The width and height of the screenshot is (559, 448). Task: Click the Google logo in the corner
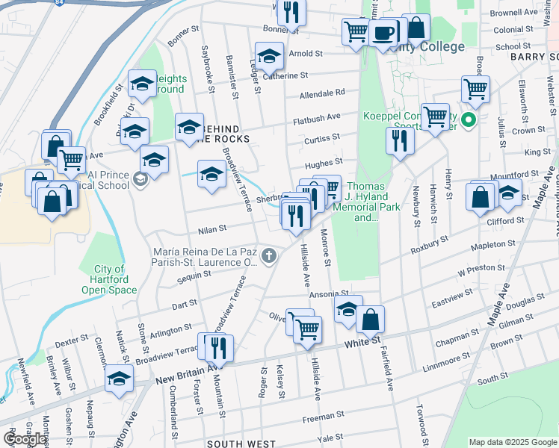coord(24,439)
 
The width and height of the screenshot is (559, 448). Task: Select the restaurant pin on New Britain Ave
coord(218,346)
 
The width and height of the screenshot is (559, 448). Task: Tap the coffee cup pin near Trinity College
coord(383,33)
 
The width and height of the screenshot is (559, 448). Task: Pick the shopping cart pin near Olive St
coord(307,328)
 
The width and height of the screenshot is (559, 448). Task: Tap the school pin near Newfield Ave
coord(119,378)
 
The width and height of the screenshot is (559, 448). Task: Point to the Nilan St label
coord(212,228)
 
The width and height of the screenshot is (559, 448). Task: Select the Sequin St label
coord(195,276)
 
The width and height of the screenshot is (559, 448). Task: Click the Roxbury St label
coord(431,243)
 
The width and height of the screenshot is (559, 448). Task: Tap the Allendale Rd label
coord(322,93)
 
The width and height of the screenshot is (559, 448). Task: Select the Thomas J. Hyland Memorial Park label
coord(365,202)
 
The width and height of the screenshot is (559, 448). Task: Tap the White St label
coord(363,343)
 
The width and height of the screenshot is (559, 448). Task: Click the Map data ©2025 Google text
coord(513,442)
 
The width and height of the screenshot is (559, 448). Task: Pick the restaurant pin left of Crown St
coord(400,140)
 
